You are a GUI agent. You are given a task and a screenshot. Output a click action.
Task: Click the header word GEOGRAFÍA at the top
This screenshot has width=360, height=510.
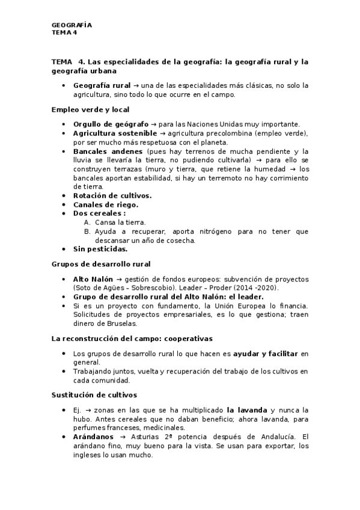point(72,25)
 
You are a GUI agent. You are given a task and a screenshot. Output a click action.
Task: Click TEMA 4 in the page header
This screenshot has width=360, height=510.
point(64,32)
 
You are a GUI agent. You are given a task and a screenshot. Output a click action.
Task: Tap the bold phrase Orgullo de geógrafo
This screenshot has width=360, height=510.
point(106,124)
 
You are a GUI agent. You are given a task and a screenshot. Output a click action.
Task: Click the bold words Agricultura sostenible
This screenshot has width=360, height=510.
point(114,133)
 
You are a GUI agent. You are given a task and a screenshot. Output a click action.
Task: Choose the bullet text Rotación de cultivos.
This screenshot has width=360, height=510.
point(112,195)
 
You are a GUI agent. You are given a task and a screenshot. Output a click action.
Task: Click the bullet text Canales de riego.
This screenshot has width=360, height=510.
point(105,204)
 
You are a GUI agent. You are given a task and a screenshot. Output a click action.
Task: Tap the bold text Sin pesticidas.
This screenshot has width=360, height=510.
point(100,248)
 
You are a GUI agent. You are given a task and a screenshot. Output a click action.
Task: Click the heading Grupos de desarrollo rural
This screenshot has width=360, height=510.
point(101,264)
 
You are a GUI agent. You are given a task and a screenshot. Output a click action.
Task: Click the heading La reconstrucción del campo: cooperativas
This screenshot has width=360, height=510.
point(132,339)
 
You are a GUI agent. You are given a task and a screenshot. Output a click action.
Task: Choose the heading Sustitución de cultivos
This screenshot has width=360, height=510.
point(94,395)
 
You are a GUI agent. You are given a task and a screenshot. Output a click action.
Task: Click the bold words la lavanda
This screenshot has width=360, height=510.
point(247,410)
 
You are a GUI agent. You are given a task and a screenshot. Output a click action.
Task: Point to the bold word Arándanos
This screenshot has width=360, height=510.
point(93,436)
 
